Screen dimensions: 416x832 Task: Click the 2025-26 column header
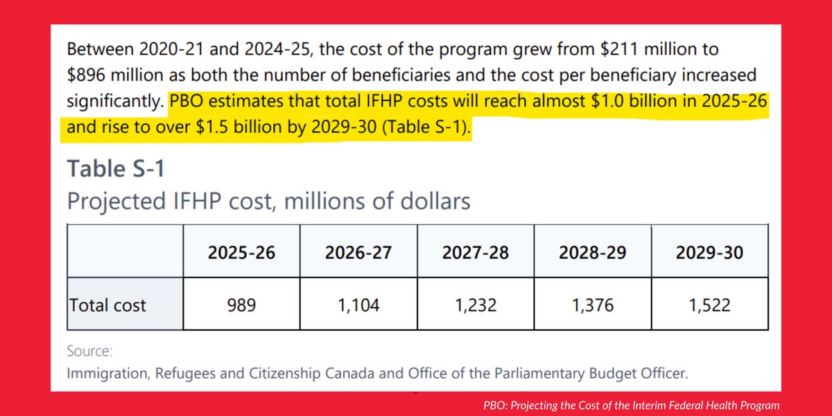coord(241,252)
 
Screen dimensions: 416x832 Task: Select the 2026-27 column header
coord(358,252)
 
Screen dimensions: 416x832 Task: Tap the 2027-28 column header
coord(476,252)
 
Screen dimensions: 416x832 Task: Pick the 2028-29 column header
coord(593,252)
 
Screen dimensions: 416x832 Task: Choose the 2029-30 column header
coord(709,252)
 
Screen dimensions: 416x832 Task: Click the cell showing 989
coord(241,304)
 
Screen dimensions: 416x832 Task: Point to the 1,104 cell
coord(358,304)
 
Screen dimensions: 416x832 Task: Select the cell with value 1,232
coord(476,304)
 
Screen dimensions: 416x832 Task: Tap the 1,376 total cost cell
coord(593,304)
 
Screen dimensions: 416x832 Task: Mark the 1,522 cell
coord(709,304)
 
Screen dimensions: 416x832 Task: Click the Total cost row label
coord(107,304)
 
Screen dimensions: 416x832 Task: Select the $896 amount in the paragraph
coord(87,74)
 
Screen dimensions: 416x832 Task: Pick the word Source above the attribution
coord(90,352)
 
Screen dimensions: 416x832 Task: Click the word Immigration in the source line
coord(105,373)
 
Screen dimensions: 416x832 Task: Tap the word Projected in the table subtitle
coord(113,202)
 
